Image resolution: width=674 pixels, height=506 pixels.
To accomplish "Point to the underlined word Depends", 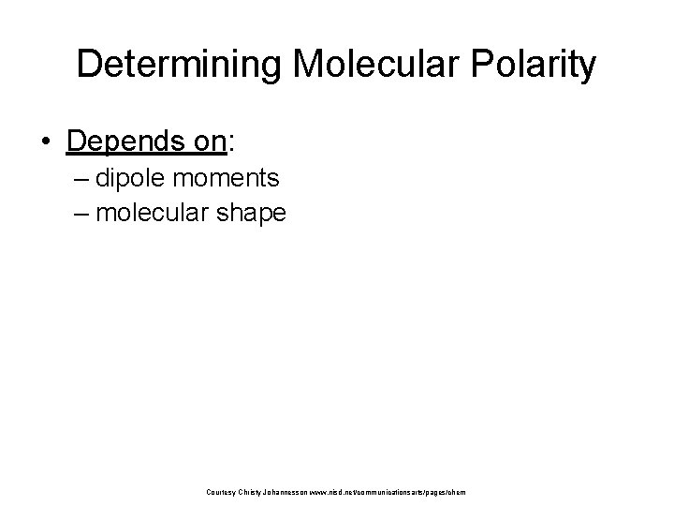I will [122, 141].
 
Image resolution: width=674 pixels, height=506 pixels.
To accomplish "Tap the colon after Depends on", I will [231, 142].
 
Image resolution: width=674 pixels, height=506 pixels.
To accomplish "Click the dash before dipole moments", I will [81, 179].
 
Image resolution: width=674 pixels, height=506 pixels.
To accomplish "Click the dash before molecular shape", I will [81, 213].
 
